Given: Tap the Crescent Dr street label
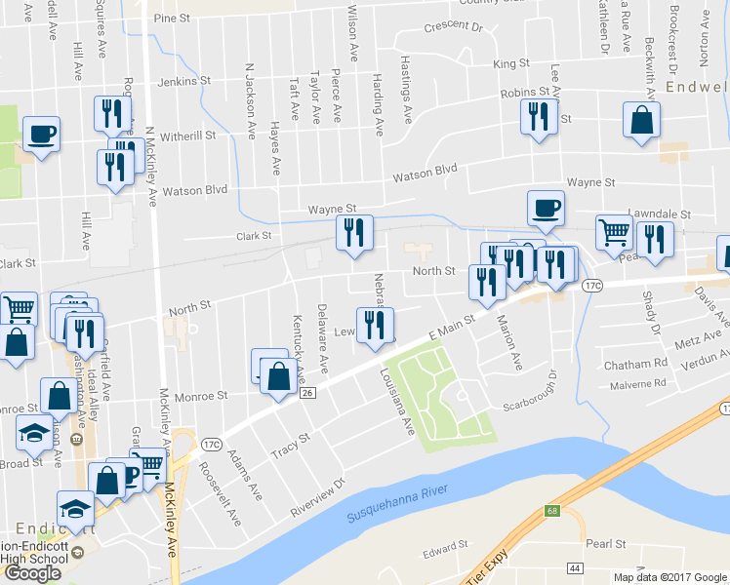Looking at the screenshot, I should [x=453, y=27].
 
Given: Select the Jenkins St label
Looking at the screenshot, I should [x=184, y=81].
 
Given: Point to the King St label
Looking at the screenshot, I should [x=511, y=63].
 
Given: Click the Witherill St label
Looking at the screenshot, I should [x=187, y=136].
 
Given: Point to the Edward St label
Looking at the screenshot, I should [x=439, y=554].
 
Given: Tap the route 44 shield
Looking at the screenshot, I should [x=573, y=566].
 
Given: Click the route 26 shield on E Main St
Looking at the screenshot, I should [x=307, y=393].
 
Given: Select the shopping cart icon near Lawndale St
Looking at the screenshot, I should [x=614, y=232].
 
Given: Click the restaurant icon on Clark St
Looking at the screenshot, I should [x=353, y=232].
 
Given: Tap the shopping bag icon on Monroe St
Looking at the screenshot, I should [x=278, y=376].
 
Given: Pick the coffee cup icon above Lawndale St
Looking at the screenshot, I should [x=546, y=207].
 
